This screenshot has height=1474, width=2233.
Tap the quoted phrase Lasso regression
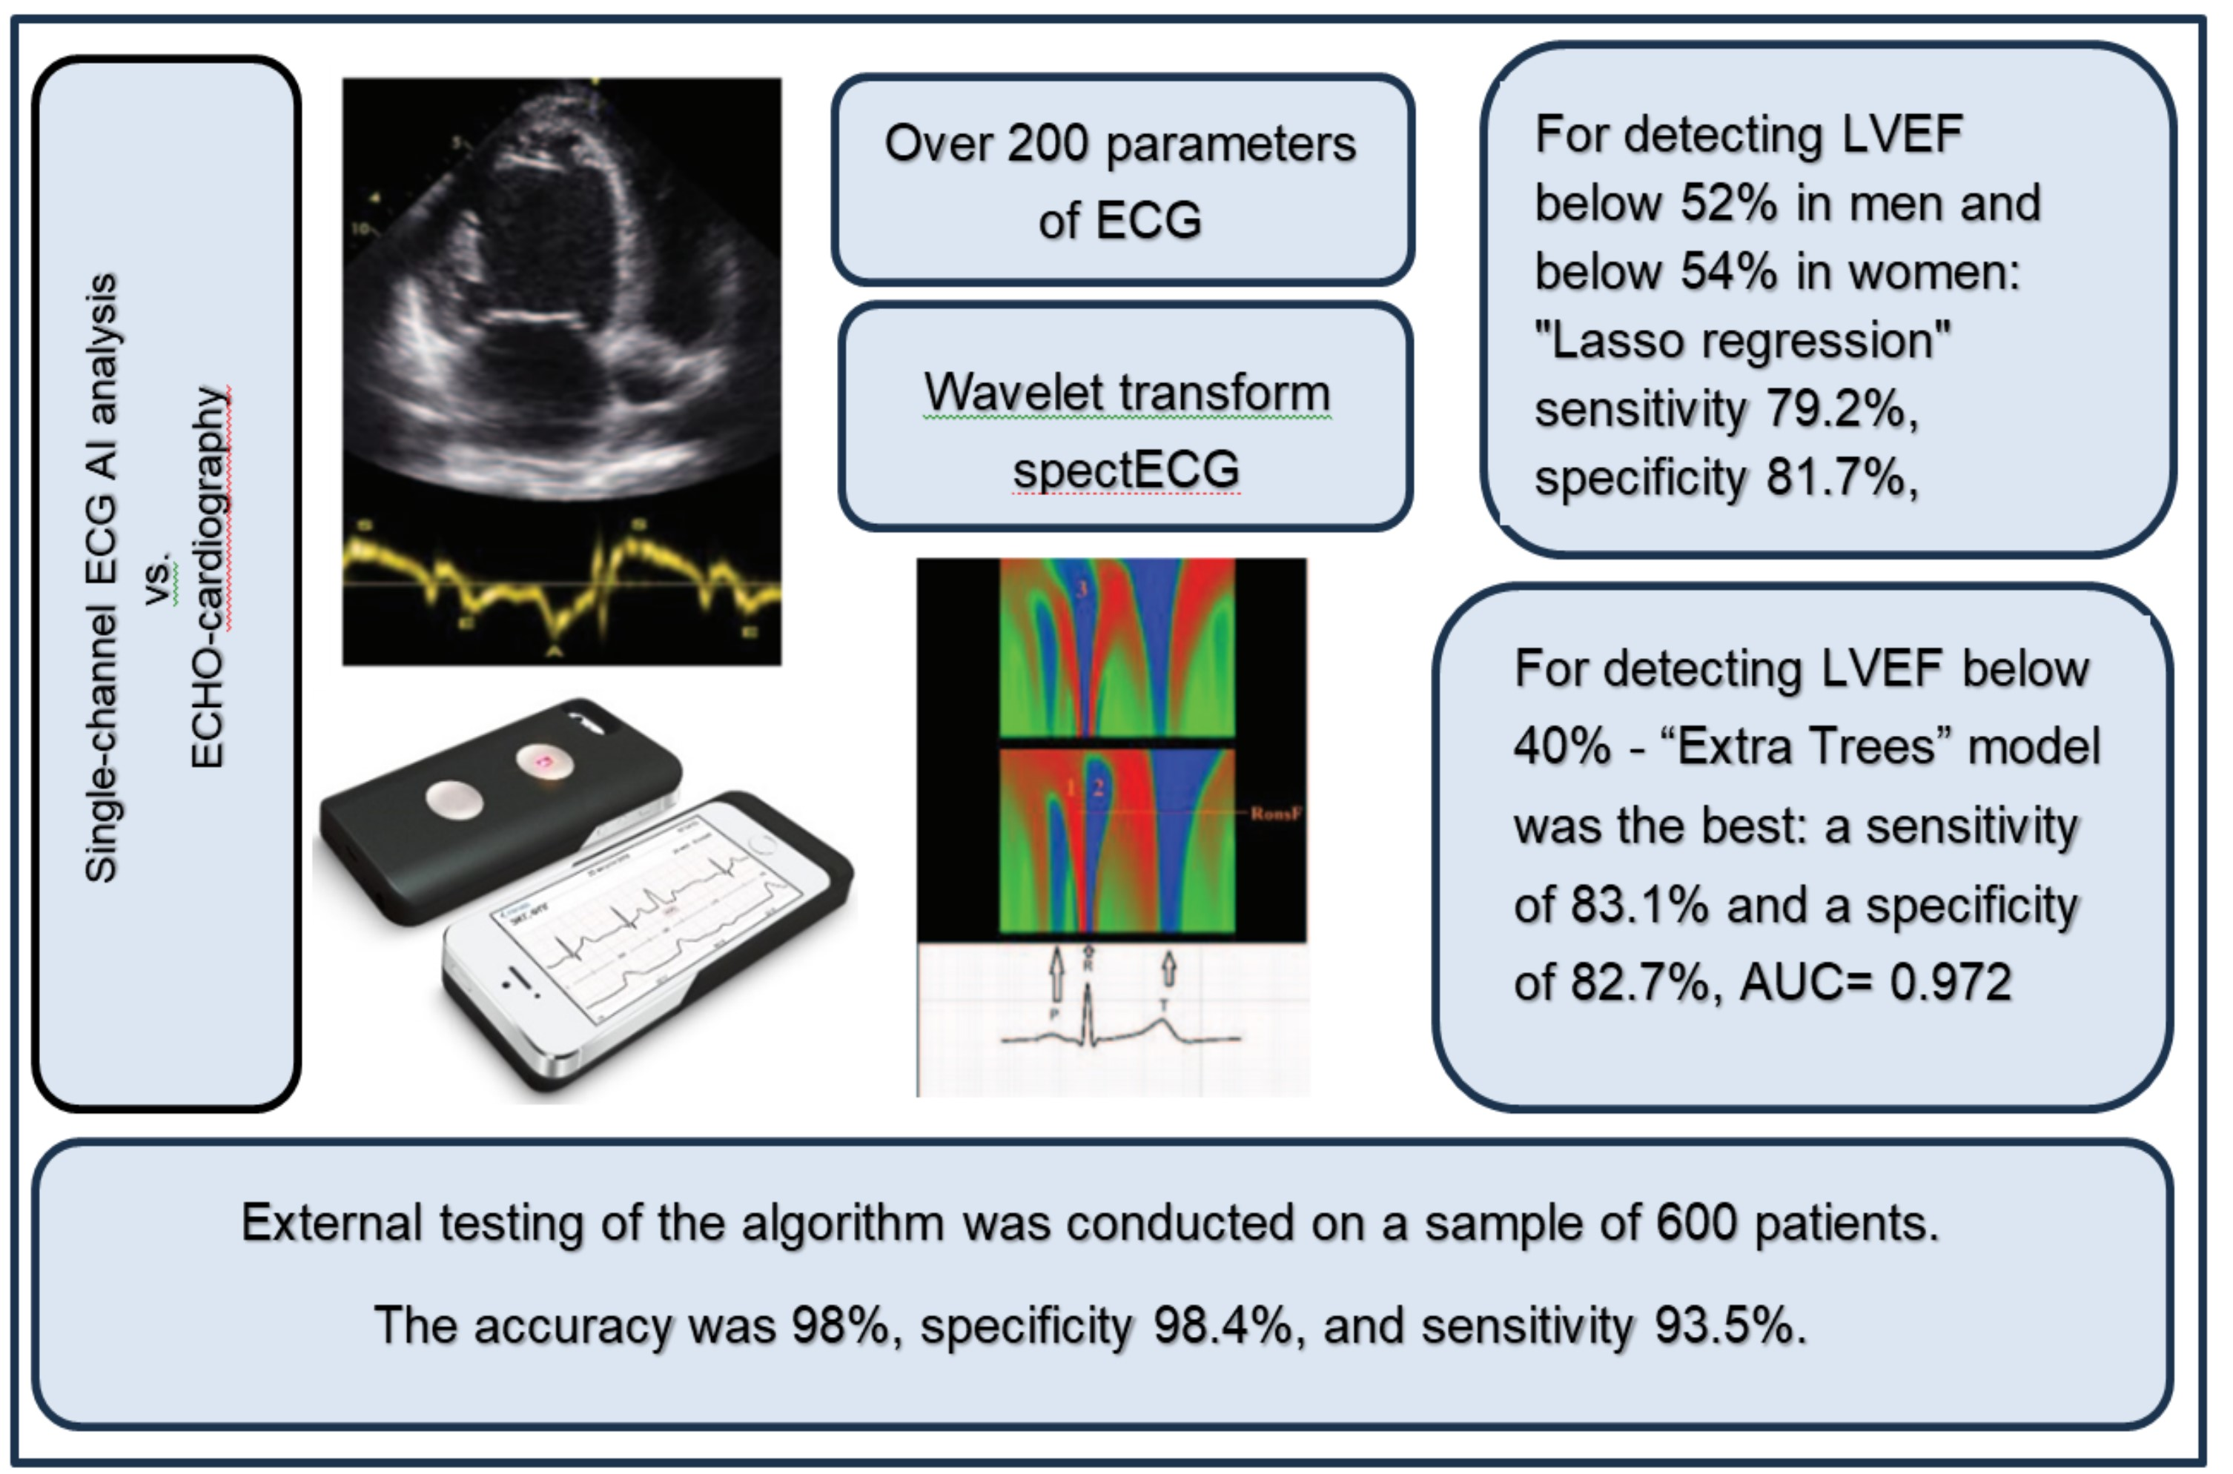click(x=1742, y=340)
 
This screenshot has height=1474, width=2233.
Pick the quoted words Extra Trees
click(x=1804, y=747)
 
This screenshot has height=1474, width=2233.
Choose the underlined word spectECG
click(x=1125, y=469)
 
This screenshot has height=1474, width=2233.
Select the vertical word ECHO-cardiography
click(x=209, y=577)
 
